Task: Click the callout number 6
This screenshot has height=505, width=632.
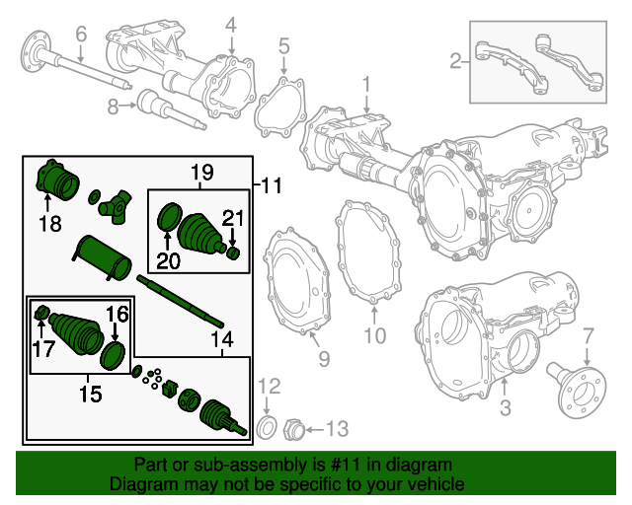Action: [81, 34]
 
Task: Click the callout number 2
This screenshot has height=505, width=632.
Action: [455, 62]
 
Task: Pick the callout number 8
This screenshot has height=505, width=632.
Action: [114, 105]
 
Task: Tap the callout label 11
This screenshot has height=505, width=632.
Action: [272, 184]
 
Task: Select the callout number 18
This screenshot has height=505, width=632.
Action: [49, 223]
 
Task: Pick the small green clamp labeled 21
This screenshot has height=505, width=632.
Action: [235, 254]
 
